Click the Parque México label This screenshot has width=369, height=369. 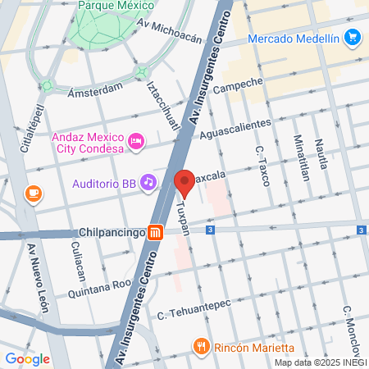pyautogui.click(x=116, y=6)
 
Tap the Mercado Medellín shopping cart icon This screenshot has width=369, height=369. pyautogui.click(x=353, y=37)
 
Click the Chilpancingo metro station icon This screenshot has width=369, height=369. pyautogui.click(x=153, y=232)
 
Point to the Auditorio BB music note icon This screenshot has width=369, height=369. pyautogui.click(x=148, y=182)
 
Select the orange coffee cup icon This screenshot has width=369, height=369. pyautogui.click(x=33, y=194)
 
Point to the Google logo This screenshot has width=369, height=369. pyautogui.click(x=27, y=358)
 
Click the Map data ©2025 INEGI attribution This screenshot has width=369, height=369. pyautogui.click(x=320, y=362)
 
